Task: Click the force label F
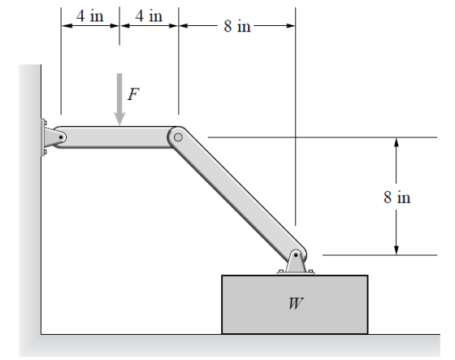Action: coord(133,94)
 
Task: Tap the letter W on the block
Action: coord(296,303)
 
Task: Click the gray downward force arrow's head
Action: coord(119,119)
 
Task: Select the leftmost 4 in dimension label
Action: coord(90,15)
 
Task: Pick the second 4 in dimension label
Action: coord(149,15)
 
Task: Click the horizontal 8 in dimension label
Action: coord(237,26)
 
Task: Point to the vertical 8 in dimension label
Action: coord(397,197)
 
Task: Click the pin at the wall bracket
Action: coord(61,137)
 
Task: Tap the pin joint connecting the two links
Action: coord(178,137)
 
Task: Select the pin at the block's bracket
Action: coord(296,255)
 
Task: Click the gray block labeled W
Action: coord(295,305)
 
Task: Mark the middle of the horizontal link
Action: coord(116,137)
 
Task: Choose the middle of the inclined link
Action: coord(237,196)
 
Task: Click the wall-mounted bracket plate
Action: coord(44,137)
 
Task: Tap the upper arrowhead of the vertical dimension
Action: coord(396,141)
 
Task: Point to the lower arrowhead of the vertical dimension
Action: coord(396,250)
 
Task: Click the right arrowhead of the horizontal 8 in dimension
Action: coord(291,26)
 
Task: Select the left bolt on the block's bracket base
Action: coord(280,271)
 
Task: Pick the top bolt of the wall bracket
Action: coord(45,122)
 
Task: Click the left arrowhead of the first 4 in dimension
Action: coord(66,26)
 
